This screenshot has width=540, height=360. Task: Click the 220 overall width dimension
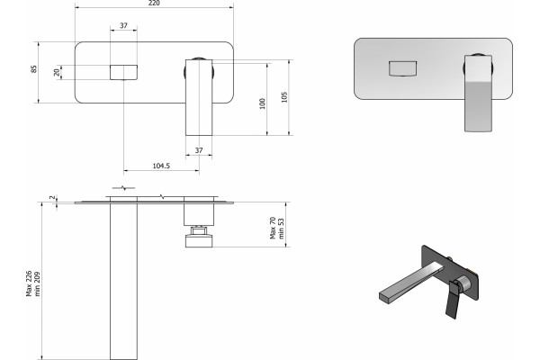154,3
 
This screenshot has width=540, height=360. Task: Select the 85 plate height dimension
34,68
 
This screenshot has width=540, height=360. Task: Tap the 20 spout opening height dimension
57,72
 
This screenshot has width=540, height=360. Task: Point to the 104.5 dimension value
161,166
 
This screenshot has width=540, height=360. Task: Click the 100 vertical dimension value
263,103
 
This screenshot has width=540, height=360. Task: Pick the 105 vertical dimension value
284,97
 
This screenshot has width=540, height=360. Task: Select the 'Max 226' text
30,283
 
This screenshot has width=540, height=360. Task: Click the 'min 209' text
37,283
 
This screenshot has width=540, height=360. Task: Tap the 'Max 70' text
273,228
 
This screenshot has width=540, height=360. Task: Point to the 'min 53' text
281,229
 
